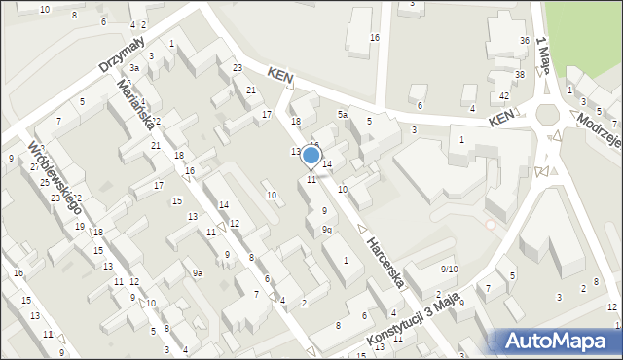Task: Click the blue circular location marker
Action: [x=311, y=155]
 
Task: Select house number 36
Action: [x=525, y=40]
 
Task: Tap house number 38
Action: [x=520, y=74]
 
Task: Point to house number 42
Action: [x=504, y=95]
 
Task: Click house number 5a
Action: [x=343, y=114]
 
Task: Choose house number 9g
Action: [x=328, y=230]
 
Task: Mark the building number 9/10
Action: [x=449, y=269]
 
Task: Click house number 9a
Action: [x=197, y=273]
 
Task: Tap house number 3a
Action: [x=135, y=68]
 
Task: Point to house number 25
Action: [x=44, y=182]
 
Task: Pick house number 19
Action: [x=80, y=226]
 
